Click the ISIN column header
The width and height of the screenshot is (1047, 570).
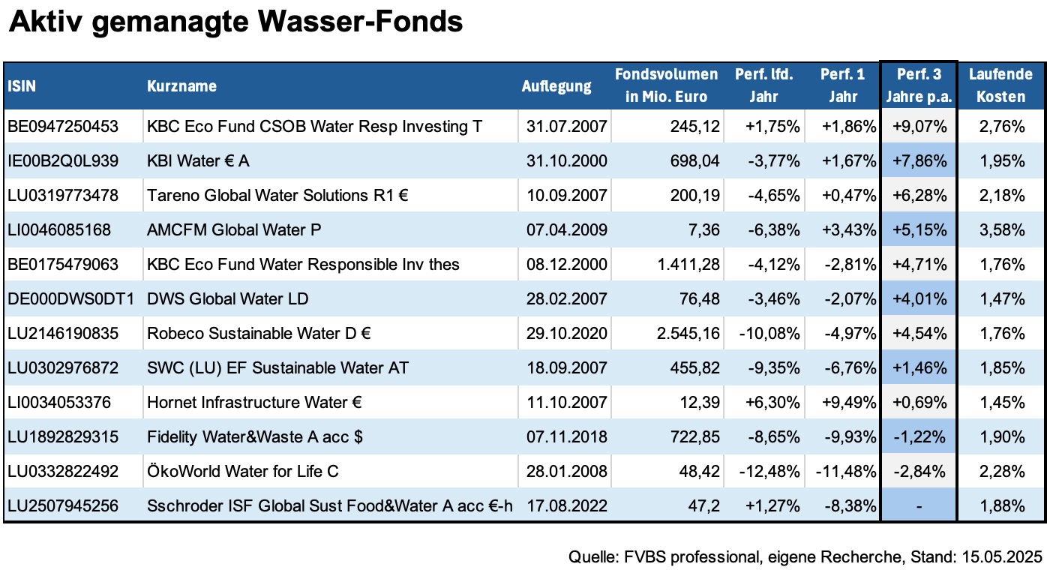pyautogui.click(x=22, y=86)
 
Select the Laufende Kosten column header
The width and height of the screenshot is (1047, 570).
pyautogui.click(x=1000, y=85)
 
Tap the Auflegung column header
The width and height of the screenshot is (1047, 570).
pyautogui.click(x=556, y=86)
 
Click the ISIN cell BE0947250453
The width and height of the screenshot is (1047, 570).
pyautogui.click(x=63, y=127)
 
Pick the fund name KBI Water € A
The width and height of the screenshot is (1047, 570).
pyautogui.click(x=198, y=161)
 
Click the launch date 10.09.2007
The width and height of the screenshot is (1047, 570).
pyautogui.click(x=566, y=196)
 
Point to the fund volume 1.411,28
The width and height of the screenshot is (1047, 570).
pyautogui.click(x=688, y=265)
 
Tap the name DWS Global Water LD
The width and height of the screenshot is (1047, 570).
pyautogui.click(x=228, y=299)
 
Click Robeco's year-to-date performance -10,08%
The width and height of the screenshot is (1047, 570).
pyautogui.click(x=769, y=334)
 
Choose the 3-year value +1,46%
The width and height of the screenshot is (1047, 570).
pyautogui.click(x=919, y=368)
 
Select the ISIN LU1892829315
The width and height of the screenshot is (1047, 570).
pyautogui.click(x=63, y=437)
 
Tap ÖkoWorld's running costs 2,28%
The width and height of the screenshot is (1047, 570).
pyautogui.click(x=1002, y=471)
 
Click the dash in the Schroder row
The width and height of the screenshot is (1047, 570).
pyautogui.click(x=919, y=506)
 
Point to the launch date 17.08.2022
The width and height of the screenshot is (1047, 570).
pyautogui.click(x=566, y=506)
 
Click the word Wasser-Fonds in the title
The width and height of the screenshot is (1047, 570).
pyautogui.click(x=360, y=22)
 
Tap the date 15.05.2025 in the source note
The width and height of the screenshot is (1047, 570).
pyautogui.click(x=1002, y=557)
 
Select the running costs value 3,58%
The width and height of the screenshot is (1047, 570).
pyautogui.click(x=1002, y=230)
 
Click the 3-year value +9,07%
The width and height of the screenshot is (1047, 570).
pyautogui.click(x=919, y=127)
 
